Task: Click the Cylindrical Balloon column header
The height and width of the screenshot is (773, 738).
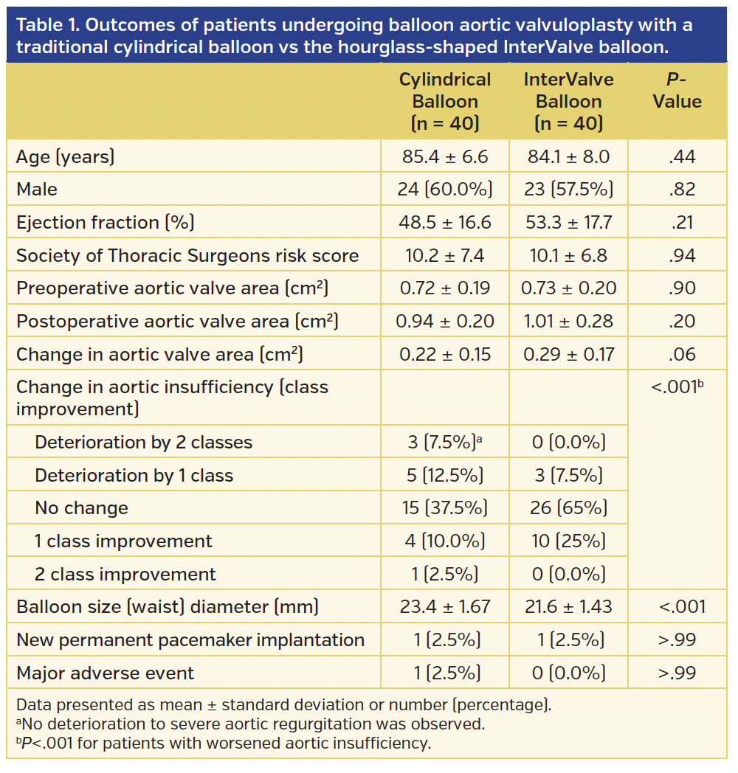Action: (445, 101)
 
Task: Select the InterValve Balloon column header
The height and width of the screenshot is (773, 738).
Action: (568, 101)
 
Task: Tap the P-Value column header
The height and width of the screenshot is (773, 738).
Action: (677, 91)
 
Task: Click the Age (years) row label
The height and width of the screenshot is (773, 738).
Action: (66, 156)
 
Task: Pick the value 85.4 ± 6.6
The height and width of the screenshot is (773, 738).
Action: (445, 156)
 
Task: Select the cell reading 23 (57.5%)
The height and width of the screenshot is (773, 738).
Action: (568, 190)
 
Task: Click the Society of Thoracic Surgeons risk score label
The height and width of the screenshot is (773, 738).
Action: (187, 256)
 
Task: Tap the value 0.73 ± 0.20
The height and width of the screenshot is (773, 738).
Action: (569, 288)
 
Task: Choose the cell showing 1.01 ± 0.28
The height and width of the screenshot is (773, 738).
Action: (569, 322)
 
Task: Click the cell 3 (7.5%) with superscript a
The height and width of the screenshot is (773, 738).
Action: (445, 443)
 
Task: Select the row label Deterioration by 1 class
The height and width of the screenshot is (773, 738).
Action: (134, 476)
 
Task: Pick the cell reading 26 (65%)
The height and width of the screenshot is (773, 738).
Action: (569, 508)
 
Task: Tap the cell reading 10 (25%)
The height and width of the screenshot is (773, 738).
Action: (569, 541)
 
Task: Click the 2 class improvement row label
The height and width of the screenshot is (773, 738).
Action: (125, 575)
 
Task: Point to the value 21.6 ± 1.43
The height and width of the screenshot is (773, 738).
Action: (569, 607)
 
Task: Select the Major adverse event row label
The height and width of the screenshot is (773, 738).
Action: (105, 673)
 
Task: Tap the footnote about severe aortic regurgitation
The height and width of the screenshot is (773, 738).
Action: (250, 724)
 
